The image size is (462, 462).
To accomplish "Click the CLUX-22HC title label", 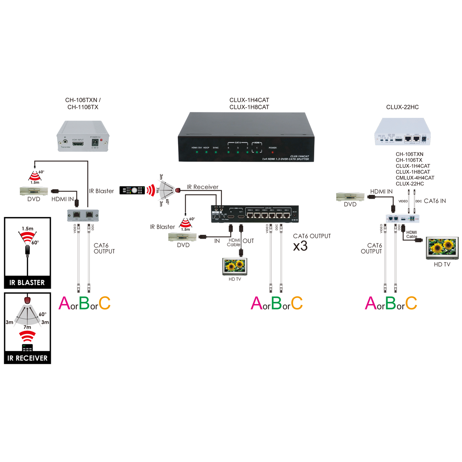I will tap(402, 107).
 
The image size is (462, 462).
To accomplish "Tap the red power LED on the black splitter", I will tap(273, 152).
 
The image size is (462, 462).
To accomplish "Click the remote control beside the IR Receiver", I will tap(132, 190).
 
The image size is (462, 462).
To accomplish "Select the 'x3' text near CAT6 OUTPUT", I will tap(300, 246).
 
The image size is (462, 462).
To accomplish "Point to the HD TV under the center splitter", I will tap(235, 266).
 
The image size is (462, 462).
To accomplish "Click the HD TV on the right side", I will tap(442, 248).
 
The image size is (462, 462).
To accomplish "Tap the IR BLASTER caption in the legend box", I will tap(27, 283).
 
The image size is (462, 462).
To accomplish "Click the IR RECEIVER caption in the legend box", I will tap(27, 358).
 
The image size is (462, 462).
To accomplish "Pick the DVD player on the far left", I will tap(34, 191).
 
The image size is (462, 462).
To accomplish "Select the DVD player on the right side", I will tap(350, 196).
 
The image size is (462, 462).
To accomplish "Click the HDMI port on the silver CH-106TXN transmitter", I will tap(78, 144).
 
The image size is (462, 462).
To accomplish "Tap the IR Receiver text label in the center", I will tap(203, 187).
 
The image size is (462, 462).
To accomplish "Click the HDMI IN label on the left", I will tap(62, 199).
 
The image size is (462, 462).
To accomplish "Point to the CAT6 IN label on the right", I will tap(435, 201).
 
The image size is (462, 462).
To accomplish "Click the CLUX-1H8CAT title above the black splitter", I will tap(249, 107).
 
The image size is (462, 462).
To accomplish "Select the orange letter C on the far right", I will tap(411, 303).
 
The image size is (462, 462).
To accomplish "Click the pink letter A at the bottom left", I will tap(64, 303).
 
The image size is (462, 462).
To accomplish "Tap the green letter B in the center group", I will tap(276, 303).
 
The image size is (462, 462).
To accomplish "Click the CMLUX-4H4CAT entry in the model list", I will tap(415, 178).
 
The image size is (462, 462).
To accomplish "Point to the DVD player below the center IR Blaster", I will tap(183, 237).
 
